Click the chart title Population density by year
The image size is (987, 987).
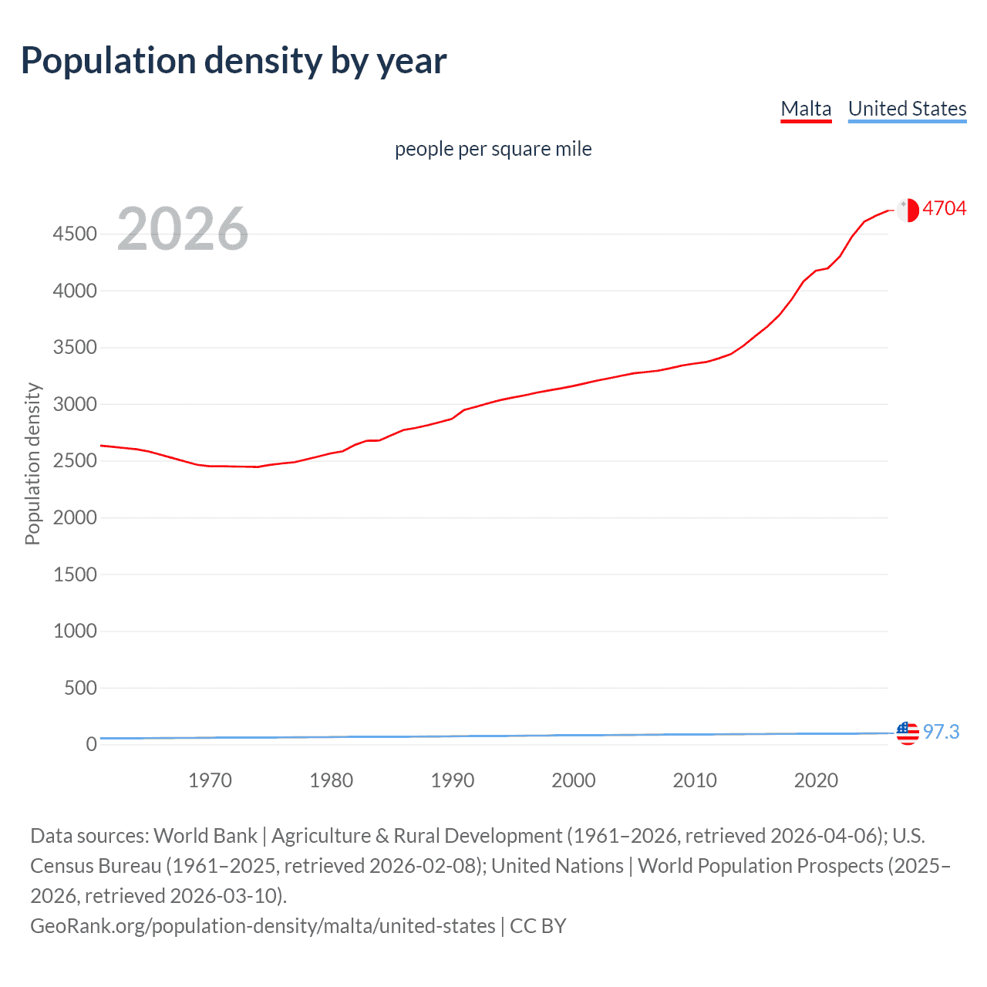(x=234, y=61)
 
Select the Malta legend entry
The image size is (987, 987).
(x=806, y=109)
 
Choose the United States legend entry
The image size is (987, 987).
(x=907, y=109)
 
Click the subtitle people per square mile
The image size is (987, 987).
(x=493, y=149)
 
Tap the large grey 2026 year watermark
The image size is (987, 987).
(x=183, y=229)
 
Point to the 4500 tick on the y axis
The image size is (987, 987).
(x=75, y=234)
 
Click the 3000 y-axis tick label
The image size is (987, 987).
(x=75, y=404)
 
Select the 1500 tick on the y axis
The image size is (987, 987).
(x=75, y=574)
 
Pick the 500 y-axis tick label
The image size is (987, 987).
(x=80, y=688)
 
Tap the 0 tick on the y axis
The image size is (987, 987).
(x=91, y=744)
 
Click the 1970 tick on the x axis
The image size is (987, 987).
(x=210, y=780)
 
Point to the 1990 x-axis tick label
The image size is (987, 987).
(x=453, y=780)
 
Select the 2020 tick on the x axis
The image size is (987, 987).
(x=816, y=780)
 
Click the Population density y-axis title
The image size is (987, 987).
(x=32, y=464)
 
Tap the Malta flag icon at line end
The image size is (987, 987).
(x=908, y=210)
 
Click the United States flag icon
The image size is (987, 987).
(x=908, y=733)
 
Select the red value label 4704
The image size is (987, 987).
(x=945, y=209)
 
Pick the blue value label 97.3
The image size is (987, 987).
(x=941, y=732)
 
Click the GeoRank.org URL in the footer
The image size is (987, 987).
(x=262, y=926)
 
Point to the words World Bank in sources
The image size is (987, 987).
(x=205, y=836)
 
